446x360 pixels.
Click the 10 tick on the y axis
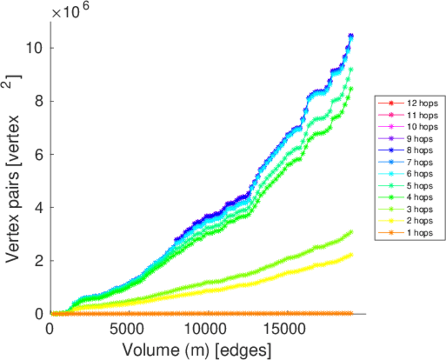coord(35,48)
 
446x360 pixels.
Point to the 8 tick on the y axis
coord(39,101)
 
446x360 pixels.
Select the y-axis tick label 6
coord(39,154)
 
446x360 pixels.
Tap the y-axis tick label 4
coord(39,208)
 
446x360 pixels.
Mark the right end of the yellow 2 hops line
coord(351,254)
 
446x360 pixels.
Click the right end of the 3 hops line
coord(351,232)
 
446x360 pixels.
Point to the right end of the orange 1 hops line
coord(351,313)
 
